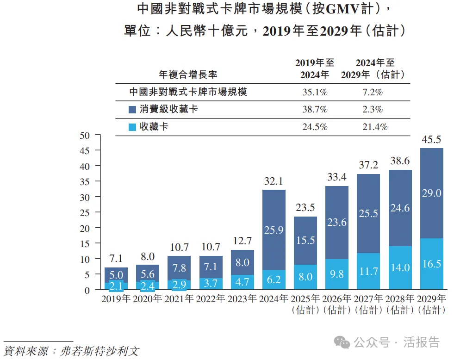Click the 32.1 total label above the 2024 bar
click(x=274, y=182)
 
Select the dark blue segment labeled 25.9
click(x=274, y=230)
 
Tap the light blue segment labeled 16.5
click(x=431, y=264)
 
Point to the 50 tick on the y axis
click(x=84, y=135)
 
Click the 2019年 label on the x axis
click(x=116, y=298)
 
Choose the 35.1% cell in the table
click(x=315, y=92)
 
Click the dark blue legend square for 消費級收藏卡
click(x=132, y=110)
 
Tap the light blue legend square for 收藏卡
click(x=132, y=127)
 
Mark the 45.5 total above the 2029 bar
click(x=431, y=140)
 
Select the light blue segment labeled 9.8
click(x=337, y=274)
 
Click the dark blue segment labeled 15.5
click(x=305, y=241)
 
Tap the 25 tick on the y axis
click(x=84, y=212)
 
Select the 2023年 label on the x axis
click(x=242, y=298)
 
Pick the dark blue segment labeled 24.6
click(x=400, y=208)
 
